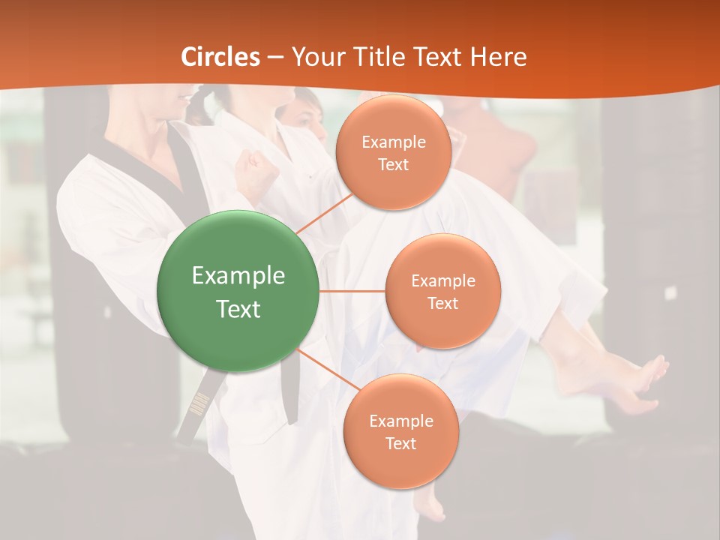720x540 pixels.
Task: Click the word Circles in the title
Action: [x=220, y=57]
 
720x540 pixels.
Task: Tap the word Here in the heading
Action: [x=498, y=57]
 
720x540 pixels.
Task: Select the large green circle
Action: [x=238, y=291]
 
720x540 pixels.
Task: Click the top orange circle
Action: [x=392, y=152]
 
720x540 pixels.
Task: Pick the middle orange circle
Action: [x=442, y=291]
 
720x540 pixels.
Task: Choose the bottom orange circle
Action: [x=400, y=431]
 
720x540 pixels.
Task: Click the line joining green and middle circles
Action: [x=352, y=291]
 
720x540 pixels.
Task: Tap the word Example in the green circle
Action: [x=238, y=276]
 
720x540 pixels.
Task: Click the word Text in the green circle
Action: [x=238, y=309]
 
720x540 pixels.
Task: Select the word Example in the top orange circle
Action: [x=394, y=142]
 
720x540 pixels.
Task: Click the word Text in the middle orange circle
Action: [x=442, y=304]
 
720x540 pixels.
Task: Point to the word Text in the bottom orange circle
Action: [x=400, y=443]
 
